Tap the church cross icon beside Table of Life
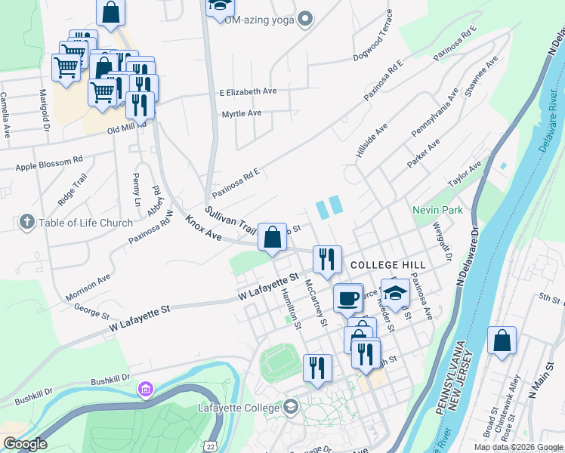click(27, 222)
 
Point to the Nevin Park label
click(437, 210)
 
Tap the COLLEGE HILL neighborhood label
click(387, 266)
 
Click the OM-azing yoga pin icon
click(305, 19)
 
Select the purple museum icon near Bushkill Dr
click(144, 389)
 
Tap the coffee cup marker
click(347, 297)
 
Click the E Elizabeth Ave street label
click(249, 91)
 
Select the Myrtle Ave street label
click(241, 113)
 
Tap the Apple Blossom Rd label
click(48, 162)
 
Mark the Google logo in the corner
click(24, 444)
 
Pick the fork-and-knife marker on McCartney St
click(317, 368)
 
